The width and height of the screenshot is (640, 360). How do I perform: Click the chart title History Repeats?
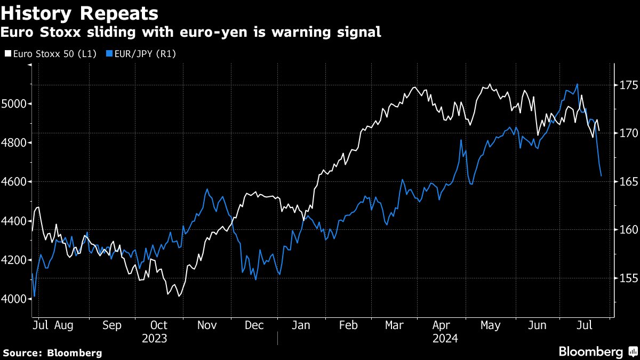click(79, 13)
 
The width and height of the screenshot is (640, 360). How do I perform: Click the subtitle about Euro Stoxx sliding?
click(191, 33)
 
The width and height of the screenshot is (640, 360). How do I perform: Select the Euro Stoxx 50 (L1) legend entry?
click(51, 53)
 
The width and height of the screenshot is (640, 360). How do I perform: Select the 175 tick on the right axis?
click(625, 85)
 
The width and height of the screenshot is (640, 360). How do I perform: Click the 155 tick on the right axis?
click(625, 278)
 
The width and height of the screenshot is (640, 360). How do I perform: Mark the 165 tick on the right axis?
click(625, 182)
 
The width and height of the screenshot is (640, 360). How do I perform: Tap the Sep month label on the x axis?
click(111, 325)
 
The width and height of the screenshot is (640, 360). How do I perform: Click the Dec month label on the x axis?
click(254, 325)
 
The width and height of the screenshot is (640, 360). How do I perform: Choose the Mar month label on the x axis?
click(395, 325)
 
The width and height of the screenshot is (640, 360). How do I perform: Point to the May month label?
click(490, 325)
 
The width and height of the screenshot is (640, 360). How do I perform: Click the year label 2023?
click(155, 339)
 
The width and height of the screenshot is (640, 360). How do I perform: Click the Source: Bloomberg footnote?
click(52, 353)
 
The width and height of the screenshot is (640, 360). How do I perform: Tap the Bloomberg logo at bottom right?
click(597, 351)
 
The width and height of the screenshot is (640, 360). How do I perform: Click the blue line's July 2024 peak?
click(577, 84)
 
